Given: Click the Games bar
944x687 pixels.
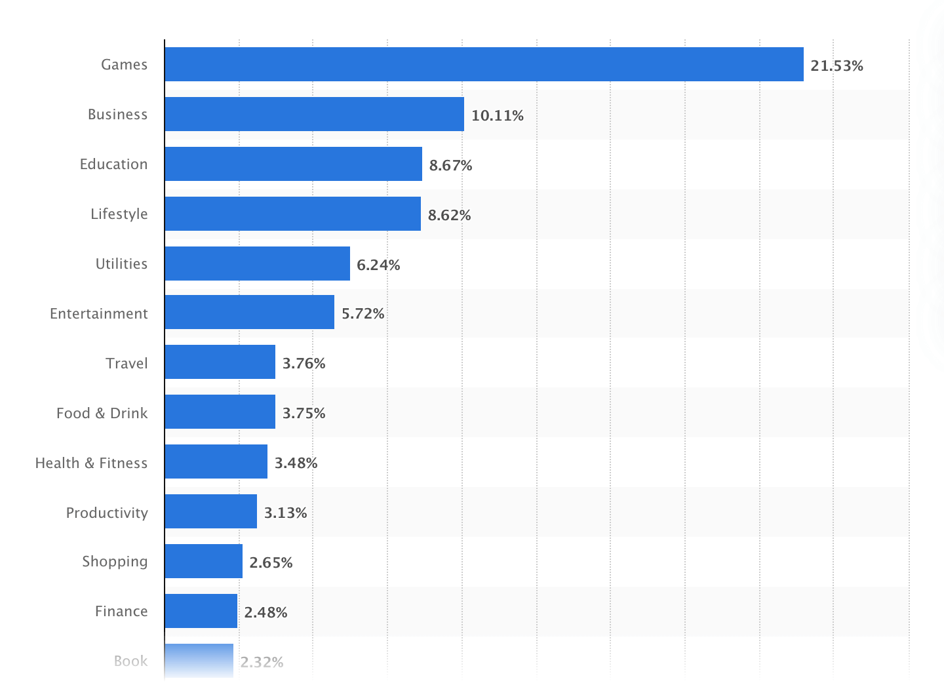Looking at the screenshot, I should (484, 64).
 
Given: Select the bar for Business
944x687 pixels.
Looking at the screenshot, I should (314, 114).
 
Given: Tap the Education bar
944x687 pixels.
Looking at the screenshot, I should (293, 164).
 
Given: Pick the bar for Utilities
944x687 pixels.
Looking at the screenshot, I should (257, 264).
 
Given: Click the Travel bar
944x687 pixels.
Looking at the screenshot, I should (220, 362).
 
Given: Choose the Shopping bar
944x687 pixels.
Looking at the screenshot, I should (203, 561).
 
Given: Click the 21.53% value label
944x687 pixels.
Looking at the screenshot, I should (836, 66).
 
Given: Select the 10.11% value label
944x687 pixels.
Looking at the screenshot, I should (497, 116).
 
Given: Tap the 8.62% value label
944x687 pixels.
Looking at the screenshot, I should (449, 215).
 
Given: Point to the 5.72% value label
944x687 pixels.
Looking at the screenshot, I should (363, 313).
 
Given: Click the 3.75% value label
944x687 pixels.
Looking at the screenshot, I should (304, 413).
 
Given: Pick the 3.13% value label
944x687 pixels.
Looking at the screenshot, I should (285, 513).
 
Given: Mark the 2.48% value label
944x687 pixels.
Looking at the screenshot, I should (265, 612).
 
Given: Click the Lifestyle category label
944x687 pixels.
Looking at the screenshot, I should (119, 214).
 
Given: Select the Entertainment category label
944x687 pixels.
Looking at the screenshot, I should (99, 313).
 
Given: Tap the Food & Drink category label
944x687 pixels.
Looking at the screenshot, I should (102, 413).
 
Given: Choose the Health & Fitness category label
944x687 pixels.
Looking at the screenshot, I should (91, 463).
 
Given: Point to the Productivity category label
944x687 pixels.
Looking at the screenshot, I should (107, 513).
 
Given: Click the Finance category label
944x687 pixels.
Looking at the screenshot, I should (121, 611).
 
